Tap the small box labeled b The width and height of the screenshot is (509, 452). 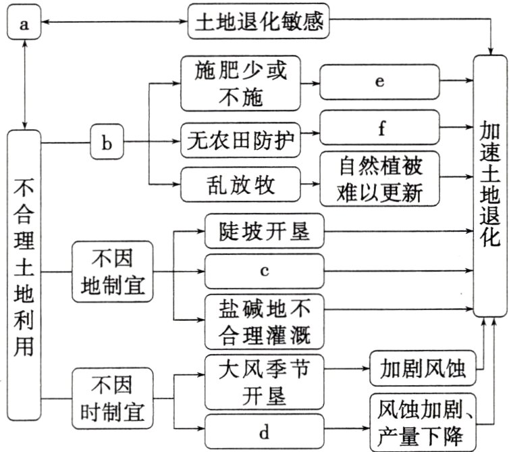point(107,143)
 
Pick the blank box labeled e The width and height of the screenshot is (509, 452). point(379,82)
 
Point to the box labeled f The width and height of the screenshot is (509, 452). point(379,128)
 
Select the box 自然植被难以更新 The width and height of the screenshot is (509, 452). point(379,179)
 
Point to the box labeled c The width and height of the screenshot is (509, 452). point(265,272)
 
